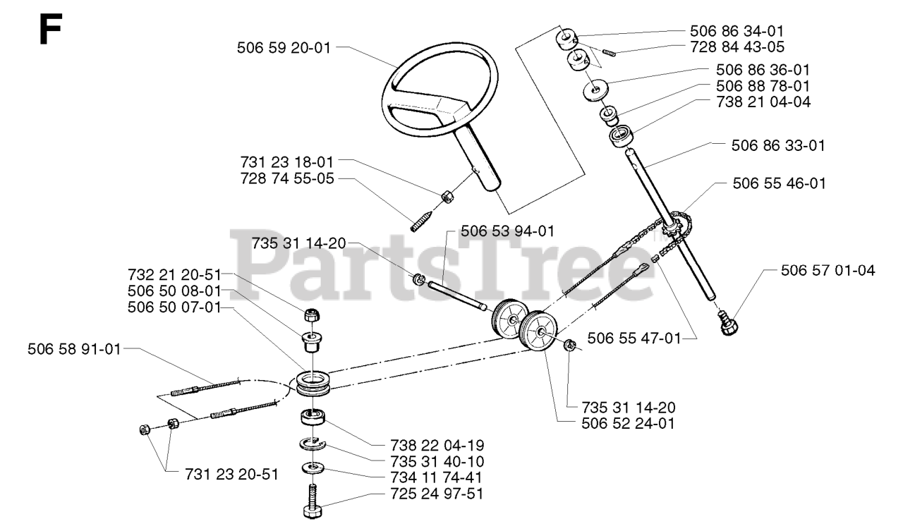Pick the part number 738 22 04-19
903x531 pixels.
[436, 446]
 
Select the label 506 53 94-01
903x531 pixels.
[508, 231]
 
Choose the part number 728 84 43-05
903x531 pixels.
[737, 47]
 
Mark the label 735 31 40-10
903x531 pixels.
[436, 462]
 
